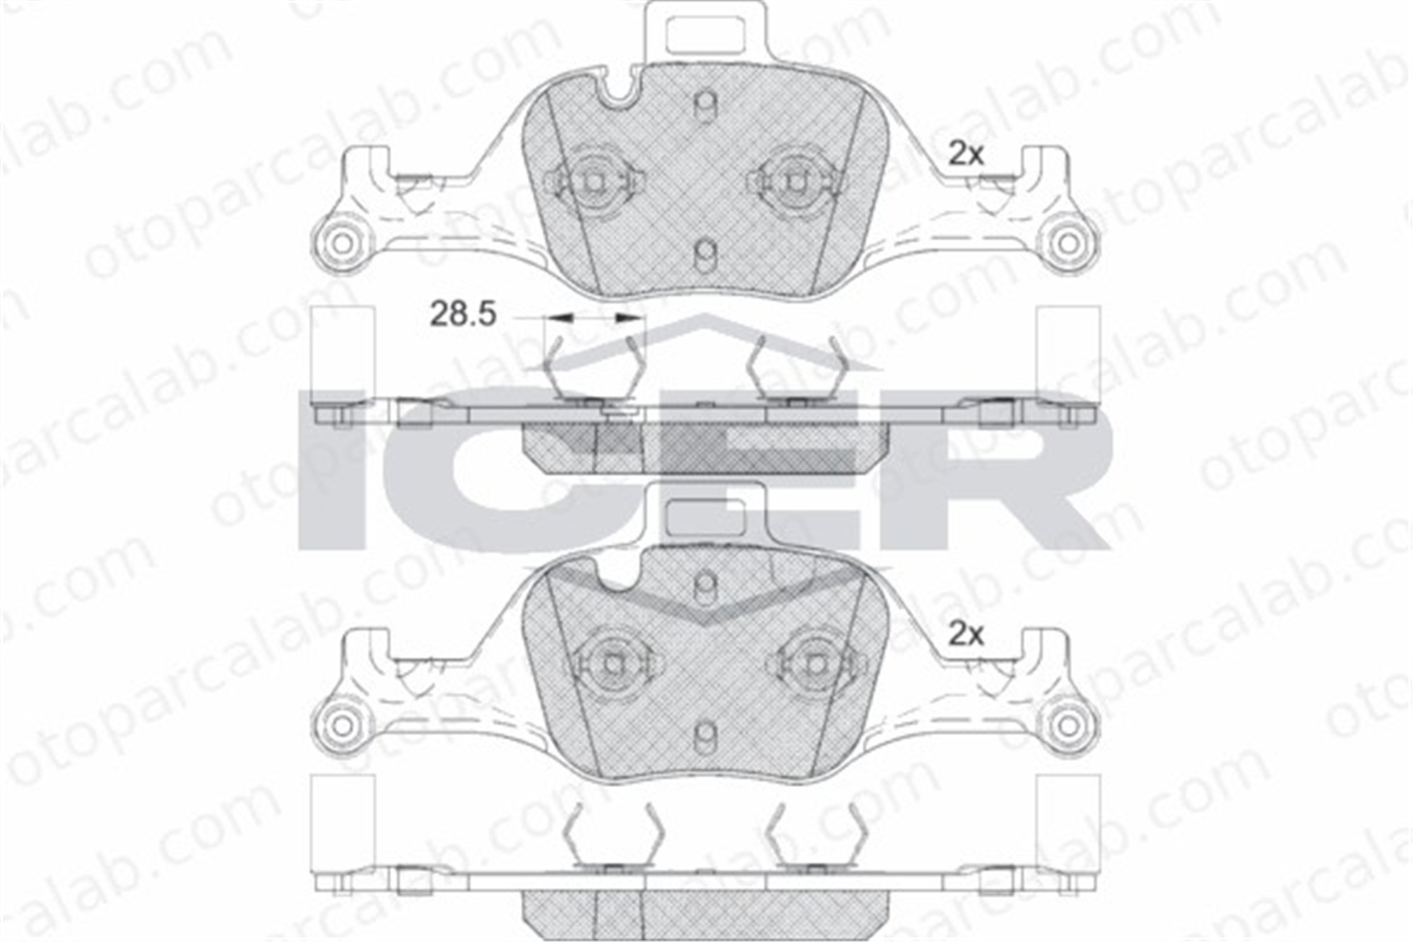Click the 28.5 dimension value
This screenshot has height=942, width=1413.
463,314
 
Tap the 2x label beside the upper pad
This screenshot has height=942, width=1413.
966,154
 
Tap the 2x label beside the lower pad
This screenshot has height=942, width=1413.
966,635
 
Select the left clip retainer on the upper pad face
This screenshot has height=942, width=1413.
594,182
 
